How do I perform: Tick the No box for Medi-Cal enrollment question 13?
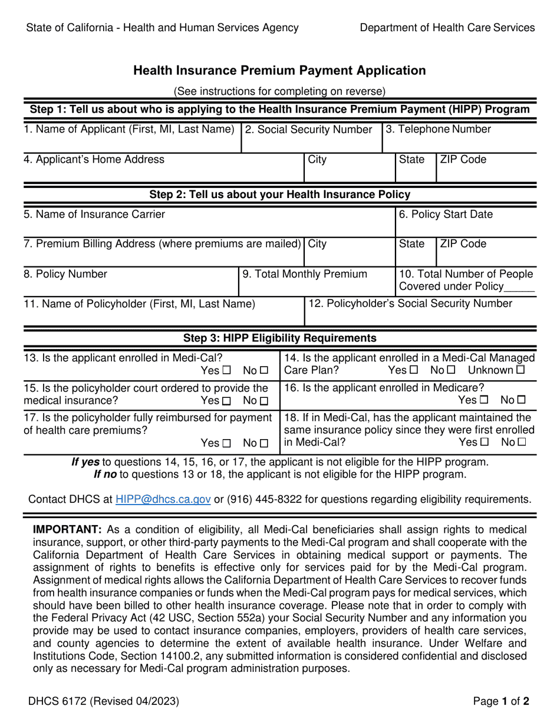click(263, 371)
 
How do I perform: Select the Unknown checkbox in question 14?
click(520, 370)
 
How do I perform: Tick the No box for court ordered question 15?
click(263, 401)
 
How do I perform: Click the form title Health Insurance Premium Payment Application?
click(279, 71)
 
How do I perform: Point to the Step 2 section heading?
click(279, 195)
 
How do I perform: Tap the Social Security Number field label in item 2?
click(308, 129)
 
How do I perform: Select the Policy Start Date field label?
click(449, 215)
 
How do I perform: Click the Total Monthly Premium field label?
click(305, 273)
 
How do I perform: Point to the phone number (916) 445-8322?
click(262, 499)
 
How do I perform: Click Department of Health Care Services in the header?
click(447, 28)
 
